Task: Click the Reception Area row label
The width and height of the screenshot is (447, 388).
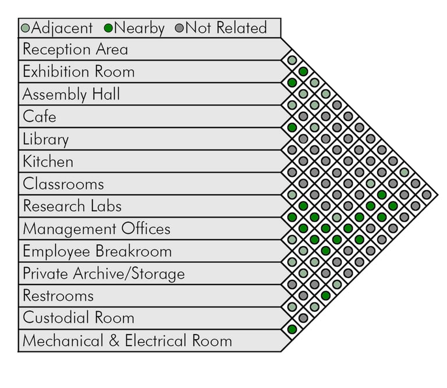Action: click(75, 49)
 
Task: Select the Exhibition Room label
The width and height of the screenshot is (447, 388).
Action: click(79, 72)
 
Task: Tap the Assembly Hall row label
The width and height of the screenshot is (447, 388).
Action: click(72, 94)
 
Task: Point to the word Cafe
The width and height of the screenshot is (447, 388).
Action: click(40, 116)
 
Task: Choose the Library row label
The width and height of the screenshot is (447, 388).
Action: click(45, 139)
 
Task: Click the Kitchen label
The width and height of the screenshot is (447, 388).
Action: click(48, 161)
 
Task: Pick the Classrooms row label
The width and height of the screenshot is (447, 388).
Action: click(63, 184)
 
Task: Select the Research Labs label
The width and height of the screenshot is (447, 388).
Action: click(72, 206)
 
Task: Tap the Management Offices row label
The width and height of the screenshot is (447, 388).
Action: click(97, 229)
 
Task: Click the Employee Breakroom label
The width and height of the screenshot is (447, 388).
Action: click(97, 251)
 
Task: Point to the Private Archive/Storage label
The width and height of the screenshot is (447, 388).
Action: click(104, 273)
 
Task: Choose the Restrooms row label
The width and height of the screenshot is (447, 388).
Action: click(58, 296)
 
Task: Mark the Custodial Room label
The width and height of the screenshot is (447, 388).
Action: click(79, 318)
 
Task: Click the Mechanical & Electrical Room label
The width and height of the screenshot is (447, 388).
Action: click(127, 341)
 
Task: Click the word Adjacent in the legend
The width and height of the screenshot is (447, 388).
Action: click(62, 27)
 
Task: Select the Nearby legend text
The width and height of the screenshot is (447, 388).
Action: click(139, 27)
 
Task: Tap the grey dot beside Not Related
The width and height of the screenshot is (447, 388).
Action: click(179, 28)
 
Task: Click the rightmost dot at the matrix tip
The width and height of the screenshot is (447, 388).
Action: click(426, 194)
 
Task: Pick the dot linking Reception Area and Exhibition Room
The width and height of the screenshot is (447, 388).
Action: click(292, 60)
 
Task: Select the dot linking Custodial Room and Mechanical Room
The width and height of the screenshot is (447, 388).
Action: click(292, 329)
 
